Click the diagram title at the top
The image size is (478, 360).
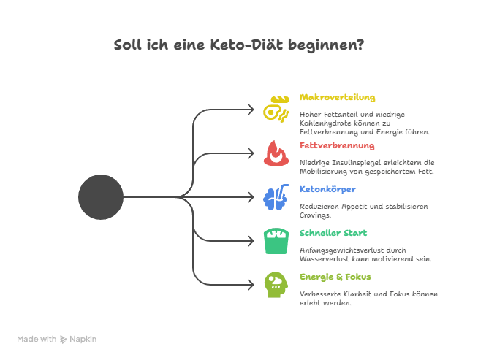click(x=238, y=45)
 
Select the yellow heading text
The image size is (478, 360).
click(x=338, y=99)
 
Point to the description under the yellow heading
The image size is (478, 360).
click(x=365, y=125)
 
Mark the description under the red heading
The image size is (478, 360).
click(x=368, y=168)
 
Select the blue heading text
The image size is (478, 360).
click(x=319, y=188)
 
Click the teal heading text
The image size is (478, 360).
click(x=333, y=234)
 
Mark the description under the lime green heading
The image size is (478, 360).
click(x=368, y=299)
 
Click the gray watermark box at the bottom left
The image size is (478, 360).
click(x=58, y=340)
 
